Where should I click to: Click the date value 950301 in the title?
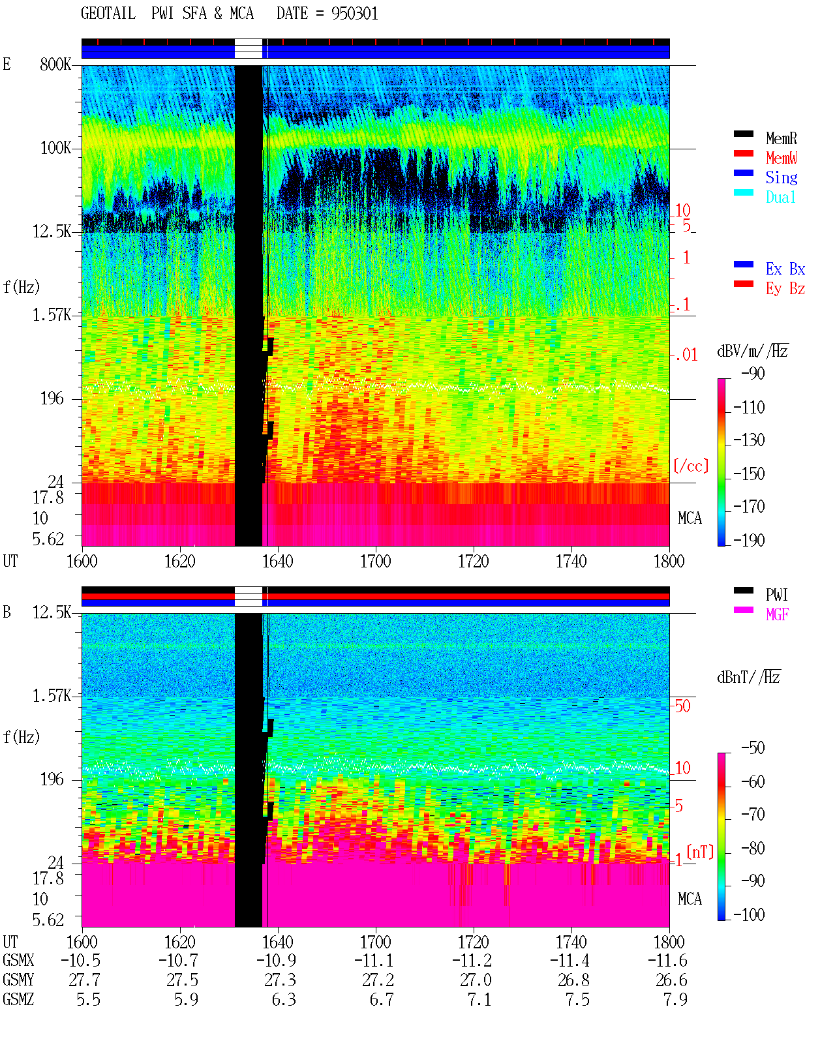coord(354,14)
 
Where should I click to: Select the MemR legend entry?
coord(782,138)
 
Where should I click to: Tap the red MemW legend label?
coord(782,158)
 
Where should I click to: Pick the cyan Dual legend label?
coord(780,197)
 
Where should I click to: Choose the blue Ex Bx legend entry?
coord(785,269)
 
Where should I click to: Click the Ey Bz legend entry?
coord(785,289)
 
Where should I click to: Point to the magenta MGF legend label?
coord(777,614)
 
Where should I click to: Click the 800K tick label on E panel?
coord(55,64)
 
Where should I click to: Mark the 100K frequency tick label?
coord(55,148)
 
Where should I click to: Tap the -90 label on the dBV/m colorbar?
coord(753,374)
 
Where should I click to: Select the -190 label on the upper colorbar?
coord(749,540)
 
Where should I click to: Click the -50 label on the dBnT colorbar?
coord(753,748)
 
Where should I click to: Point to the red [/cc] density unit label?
coord(691,466)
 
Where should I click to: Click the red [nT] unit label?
coord(700,852)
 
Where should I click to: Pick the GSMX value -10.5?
coord(81,961)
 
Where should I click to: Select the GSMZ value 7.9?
coord(675,999)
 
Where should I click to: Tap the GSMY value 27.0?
coord(475,980)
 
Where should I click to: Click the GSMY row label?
coord(18,980)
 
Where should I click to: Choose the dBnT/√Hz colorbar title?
coord(749,678)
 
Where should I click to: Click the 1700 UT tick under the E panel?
coord(375,562)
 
